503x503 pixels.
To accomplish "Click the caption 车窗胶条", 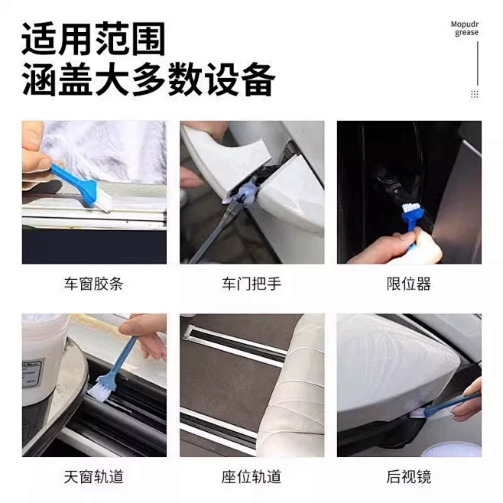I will (x=93, y=284).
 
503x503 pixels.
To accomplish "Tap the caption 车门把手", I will (x=251, y=284).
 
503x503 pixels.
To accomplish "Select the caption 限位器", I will (x=409, y=284).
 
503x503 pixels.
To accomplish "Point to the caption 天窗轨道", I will (x=93, y=478).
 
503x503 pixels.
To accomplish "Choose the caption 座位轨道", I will (x=251, y=478).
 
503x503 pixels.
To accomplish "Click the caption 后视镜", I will (x=409, y=478).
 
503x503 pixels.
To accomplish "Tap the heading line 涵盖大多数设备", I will (x=148, y=79).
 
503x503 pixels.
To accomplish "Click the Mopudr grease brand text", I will (x=465, y=28).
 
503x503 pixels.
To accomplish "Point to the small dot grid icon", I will (x=475, y=94).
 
